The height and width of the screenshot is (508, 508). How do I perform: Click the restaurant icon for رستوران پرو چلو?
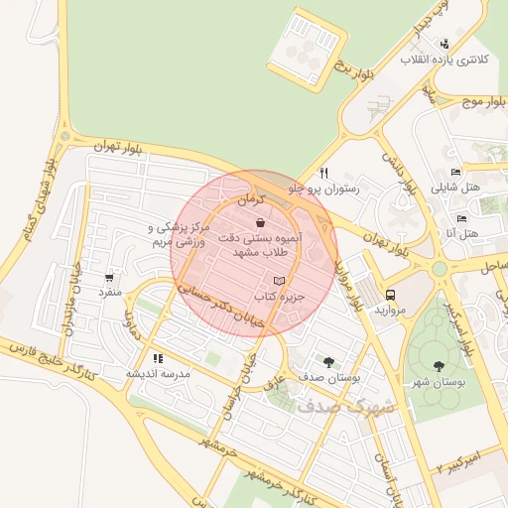[x=323, y=172]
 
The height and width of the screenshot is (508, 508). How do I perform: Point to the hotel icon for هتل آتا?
[x=460, y=218]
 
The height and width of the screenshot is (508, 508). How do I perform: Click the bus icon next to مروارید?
[x=391, y=295]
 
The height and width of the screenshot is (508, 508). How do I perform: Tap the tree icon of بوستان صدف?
[x=328, y=362]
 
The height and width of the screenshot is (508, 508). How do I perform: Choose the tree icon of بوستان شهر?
[x=440, y=367]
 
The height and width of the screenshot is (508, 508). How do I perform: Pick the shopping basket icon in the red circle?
[x=259, y=222]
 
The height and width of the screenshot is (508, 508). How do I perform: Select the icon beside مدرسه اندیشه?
[x=158, y=358]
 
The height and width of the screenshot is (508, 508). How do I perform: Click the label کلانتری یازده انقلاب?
[x=444, y=60]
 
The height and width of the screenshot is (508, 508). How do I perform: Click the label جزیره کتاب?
[x=277, y=297]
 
